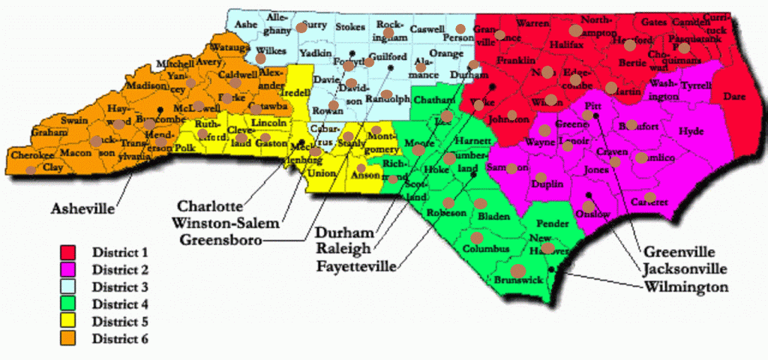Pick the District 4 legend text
120,304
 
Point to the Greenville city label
680,251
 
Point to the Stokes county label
350,27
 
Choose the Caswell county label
427,28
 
